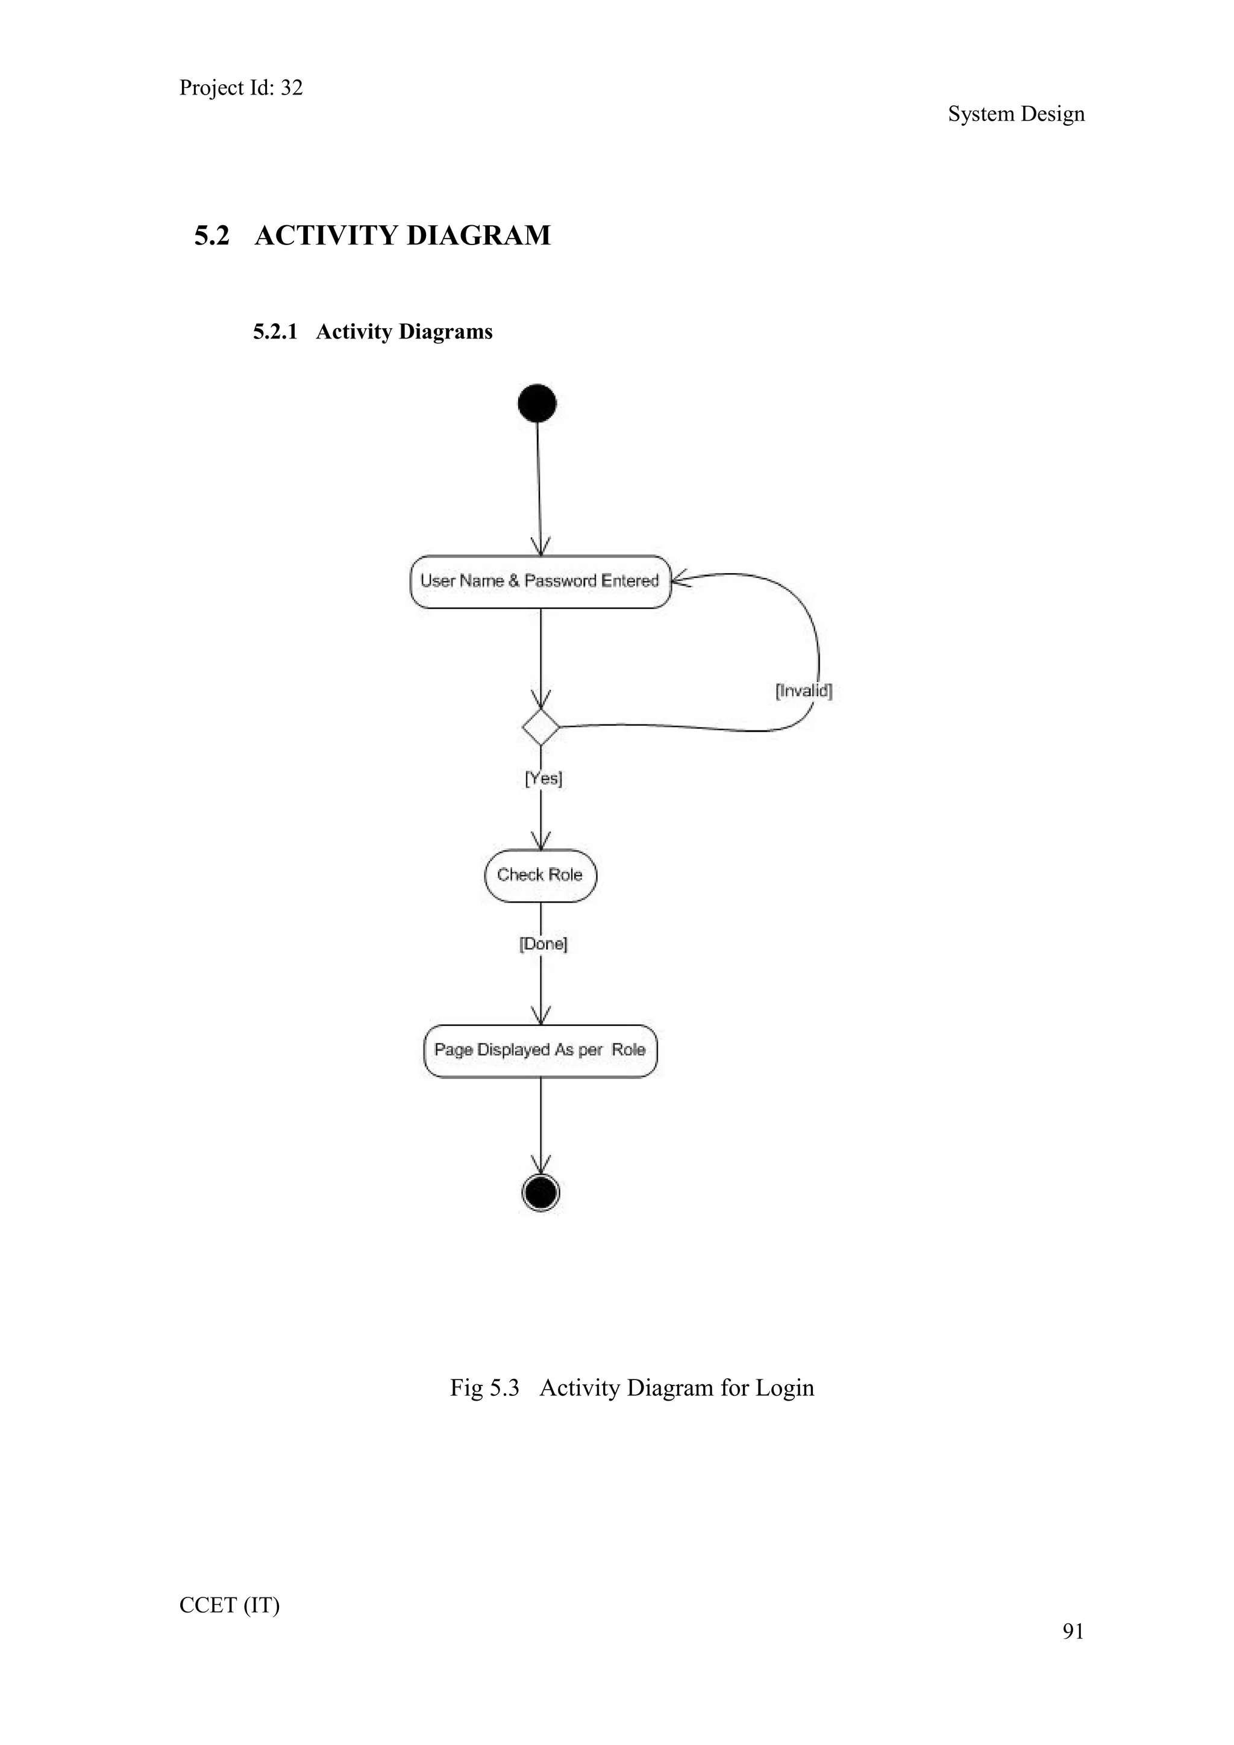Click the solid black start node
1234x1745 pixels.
[x=537, y=403]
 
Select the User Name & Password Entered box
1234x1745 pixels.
[x=540, y=582]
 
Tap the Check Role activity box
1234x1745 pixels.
[x=540, y=875]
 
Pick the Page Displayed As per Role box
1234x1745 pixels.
[x=540, y=1050]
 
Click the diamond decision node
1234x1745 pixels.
[x=540, y=727]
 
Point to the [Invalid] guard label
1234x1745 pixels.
[x=804, y=691]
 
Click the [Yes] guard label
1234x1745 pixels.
[x=543, y=778]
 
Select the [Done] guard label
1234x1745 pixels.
[x=543, y=944]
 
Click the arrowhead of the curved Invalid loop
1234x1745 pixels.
[x=679, y=580]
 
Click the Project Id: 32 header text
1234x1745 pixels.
[x=241, y=88]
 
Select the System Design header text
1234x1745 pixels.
[x=1016, y=114]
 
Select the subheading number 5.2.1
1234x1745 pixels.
[x=275, y=332]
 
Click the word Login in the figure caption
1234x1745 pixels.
[x=784, y=1388]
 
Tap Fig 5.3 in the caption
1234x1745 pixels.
[x=484, y=1388]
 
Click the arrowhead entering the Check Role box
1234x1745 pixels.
[x=540, y=843]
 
